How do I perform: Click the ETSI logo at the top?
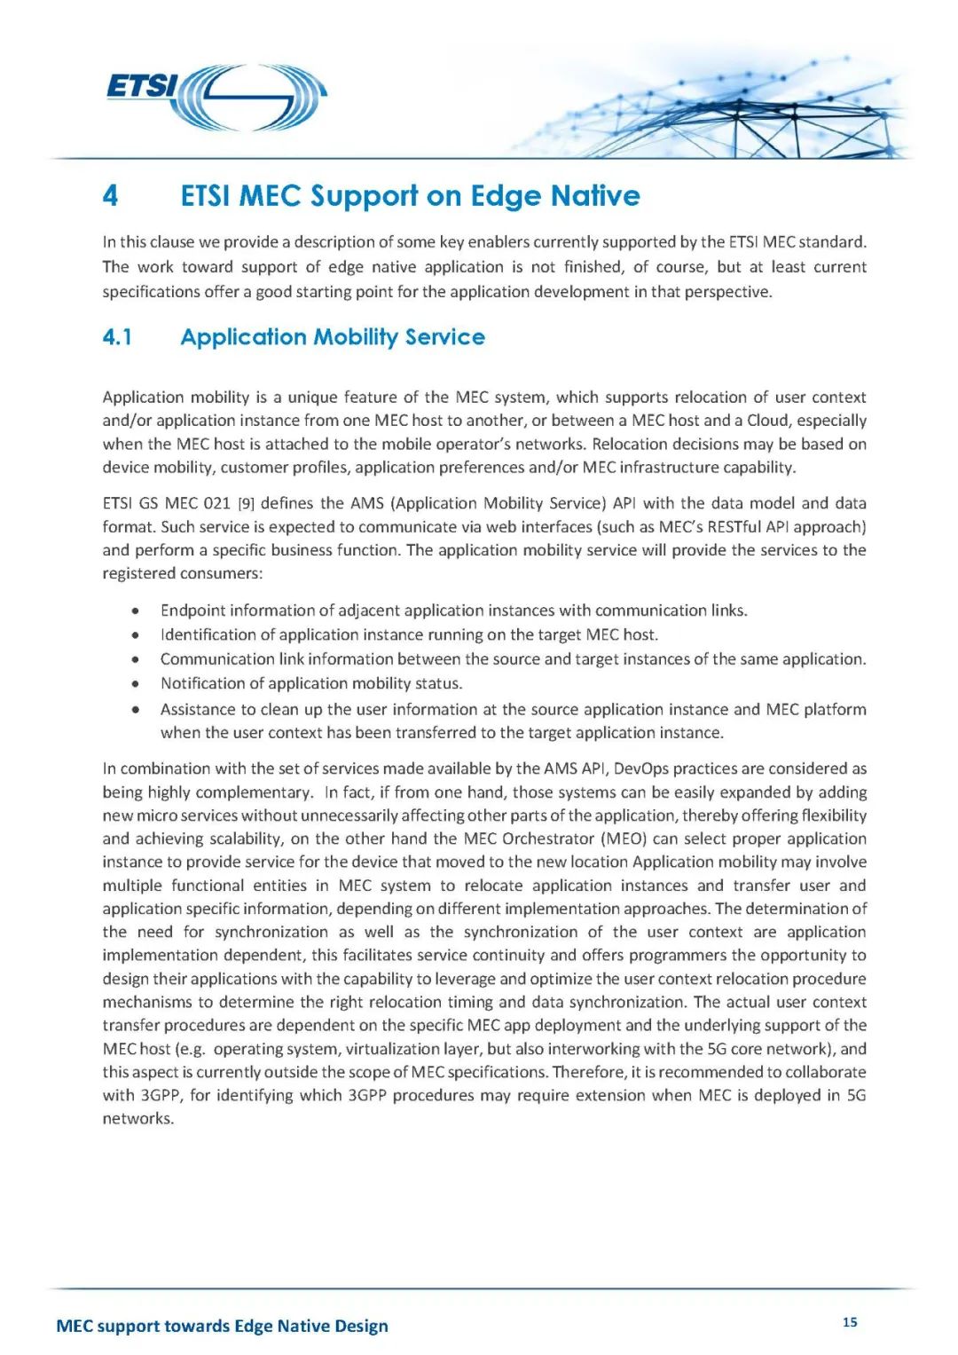tap(216, 97)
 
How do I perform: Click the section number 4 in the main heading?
tap(110, 196)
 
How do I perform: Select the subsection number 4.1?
tap(117, 337)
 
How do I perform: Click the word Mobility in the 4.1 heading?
tap(356, 337)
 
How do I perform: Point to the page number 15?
tap(850, 1322)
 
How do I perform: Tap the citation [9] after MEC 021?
tap(246, 503)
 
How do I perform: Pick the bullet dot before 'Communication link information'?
tap(135, 659)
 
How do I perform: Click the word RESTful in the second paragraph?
tap(734, 526)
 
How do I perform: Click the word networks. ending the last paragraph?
tap(138, 1119)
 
